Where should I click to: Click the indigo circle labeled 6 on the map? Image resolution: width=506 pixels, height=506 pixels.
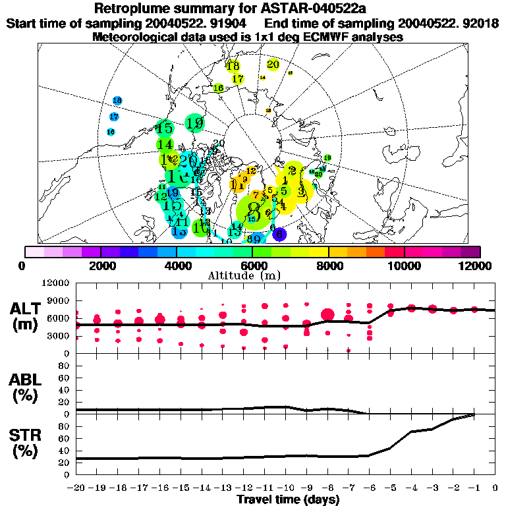[x=279, y=233]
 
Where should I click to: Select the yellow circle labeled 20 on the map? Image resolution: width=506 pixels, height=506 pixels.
[x=273, y=65]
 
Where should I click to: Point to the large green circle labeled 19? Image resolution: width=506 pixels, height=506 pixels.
[x=194, y=123]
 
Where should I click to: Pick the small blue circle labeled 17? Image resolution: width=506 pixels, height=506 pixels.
[x=114, y=117]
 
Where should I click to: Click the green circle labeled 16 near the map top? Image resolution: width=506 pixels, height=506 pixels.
[x=219, y=88]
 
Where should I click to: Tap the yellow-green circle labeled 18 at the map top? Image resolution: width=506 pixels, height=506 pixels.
[x=233, y=65]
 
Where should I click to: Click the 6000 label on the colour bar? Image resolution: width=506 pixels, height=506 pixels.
[x=252, y=266]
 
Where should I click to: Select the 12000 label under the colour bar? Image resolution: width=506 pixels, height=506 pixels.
[x=476, y=266]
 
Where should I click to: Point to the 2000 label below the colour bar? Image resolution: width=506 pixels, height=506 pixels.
[x=100, y=266]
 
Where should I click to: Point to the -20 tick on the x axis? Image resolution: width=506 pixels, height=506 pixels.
[x=76, y=489]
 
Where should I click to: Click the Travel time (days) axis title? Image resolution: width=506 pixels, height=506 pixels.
[x=288, y=499]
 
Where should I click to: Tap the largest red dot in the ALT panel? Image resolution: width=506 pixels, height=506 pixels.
[x=327, y=314]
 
